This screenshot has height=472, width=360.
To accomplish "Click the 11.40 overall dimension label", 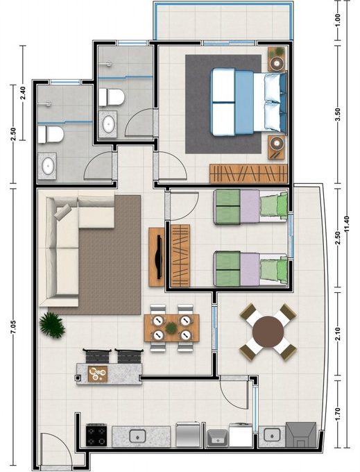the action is (x=348, y=224).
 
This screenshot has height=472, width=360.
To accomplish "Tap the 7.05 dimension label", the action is (x=13, y=328).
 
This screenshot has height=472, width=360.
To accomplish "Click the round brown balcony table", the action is (x=268, y=332).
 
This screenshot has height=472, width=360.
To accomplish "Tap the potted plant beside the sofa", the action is (x=52, y=325).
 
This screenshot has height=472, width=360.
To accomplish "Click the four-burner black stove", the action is (x=96, y=435).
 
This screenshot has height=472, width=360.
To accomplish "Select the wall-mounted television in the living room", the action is (x=158, y=257).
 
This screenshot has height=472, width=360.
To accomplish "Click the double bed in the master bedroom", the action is (x=249, y=102).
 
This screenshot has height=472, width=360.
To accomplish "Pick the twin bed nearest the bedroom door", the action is (x=250, y=207).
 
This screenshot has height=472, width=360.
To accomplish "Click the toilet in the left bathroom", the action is (x=51, y=135).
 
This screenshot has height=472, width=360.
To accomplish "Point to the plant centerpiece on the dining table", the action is (x=171, y=328).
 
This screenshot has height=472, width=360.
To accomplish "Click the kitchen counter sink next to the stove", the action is (x=137, y=436).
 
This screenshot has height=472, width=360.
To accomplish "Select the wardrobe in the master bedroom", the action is (x=248, y=174).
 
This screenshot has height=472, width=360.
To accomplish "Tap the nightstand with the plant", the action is (x=276, y=59).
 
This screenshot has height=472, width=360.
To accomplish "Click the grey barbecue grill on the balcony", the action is (x=301, y=435).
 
